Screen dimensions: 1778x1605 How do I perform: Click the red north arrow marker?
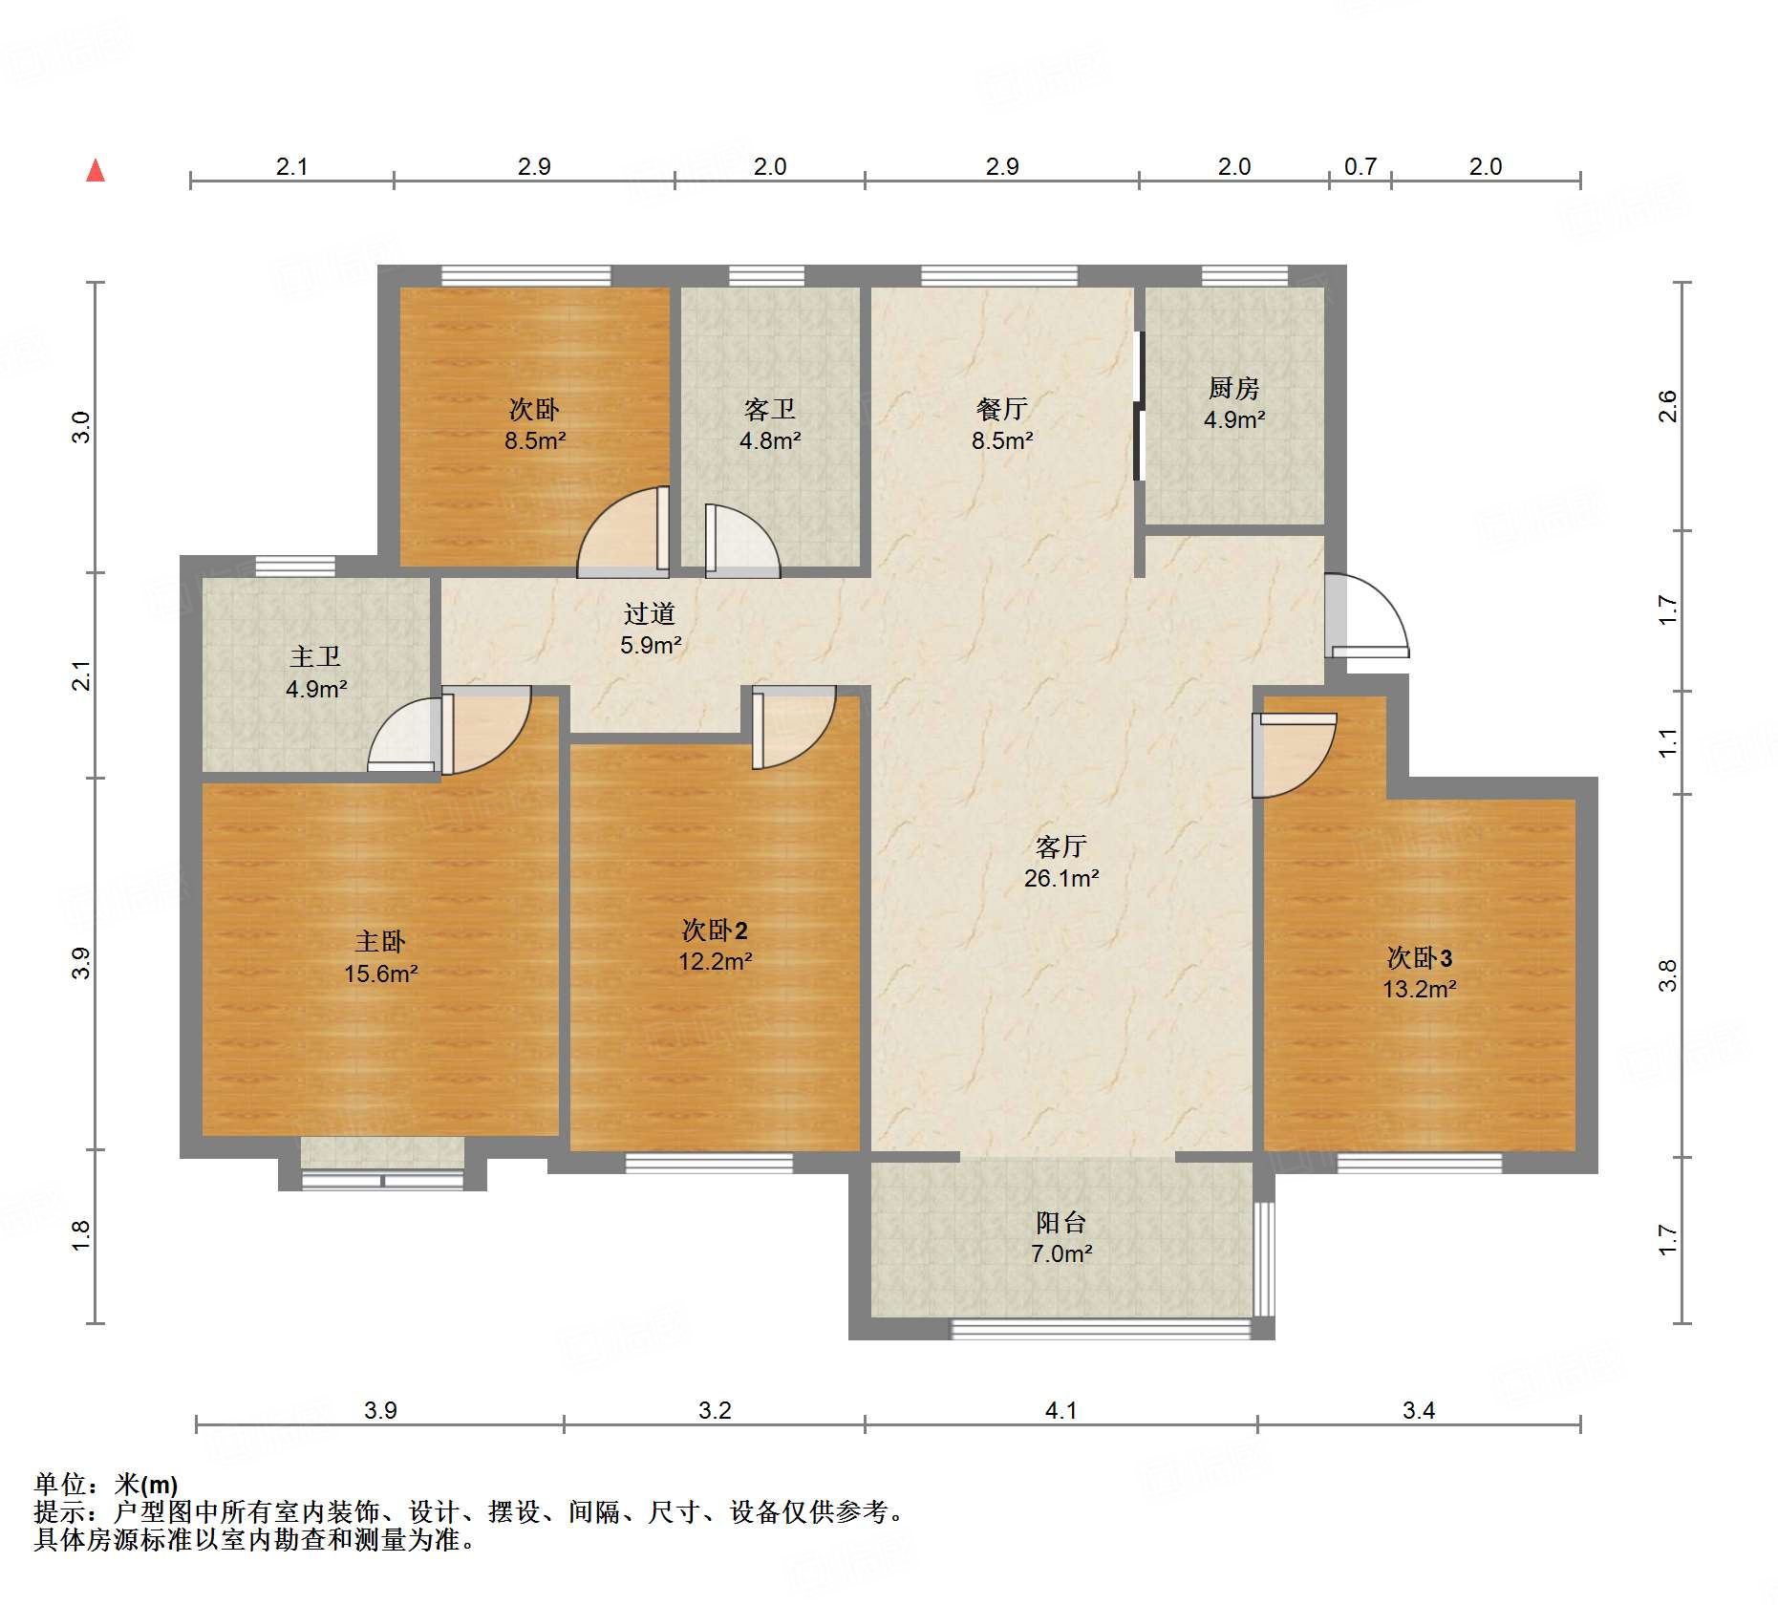click(96, 170)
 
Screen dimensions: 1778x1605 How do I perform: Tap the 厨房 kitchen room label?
click(1233, 388)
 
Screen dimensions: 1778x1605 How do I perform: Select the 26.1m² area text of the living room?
click(1061, 878)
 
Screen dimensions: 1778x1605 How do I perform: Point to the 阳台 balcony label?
click(1060, 1222)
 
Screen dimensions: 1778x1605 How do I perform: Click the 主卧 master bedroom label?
click(380, 942)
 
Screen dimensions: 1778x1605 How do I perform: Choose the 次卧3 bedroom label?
click(1420, 957)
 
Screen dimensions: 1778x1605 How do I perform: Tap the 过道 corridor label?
click(650, 613)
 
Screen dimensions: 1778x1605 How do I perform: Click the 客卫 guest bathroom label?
click(769, 409)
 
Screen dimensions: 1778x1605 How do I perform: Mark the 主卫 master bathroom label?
click(315, 656)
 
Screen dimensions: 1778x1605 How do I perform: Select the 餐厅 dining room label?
click(1002, 409)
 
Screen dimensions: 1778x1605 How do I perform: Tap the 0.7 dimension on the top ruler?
click(1360, 167)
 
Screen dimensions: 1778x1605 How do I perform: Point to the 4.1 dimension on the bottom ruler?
click(1060, 1410)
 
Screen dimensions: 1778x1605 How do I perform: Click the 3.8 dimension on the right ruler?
click(1667, 975)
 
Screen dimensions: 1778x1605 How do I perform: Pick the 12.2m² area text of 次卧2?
click(716, 961)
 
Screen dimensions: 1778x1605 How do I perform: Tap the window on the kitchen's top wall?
click(1244, 276)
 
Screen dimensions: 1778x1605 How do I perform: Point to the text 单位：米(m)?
click(106, 1485)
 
